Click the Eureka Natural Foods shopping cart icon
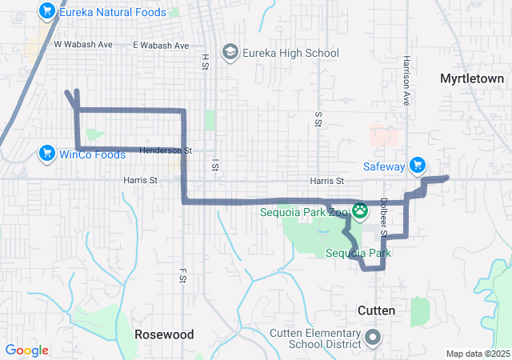pyautogui.click(x=47, y=12)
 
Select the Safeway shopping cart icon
pyautogui.click(x=417, y=166)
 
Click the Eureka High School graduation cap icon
pyautogui.click(x=231, y=53)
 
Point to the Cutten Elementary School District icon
pyautogui.click(x=373, y=338)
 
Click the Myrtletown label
pyautogui.click(x=472, y=78)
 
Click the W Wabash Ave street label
pyautogui.click(x=83, y=45)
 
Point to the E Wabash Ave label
pyautogui.click(x=161, y=45)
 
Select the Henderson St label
pyautogui.click(x=166, y=150)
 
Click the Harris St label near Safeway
pyautogui.click(x=326, y=182)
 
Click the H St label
pyautogui.click(x=205, y=60)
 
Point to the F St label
pyautogui.click(x=182, y=275)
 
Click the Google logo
pyautogui.click(x=26, y=350)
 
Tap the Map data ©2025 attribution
pyautogui.click(x=478, y=354)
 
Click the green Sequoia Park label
pyautogui.click(x=358, y=254)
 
